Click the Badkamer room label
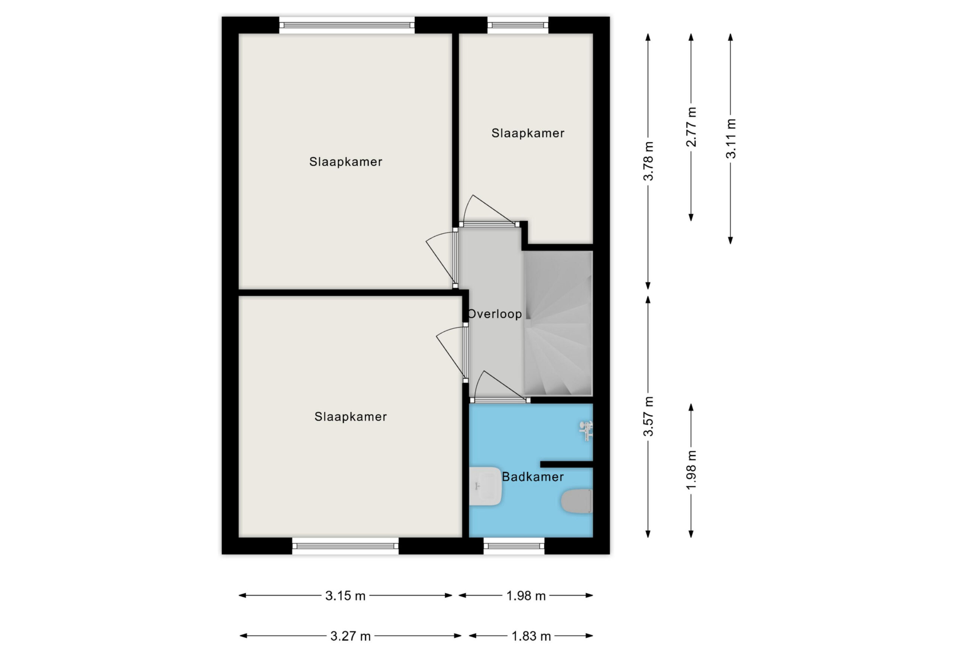[533, 477]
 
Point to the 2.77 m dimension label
[691, 127]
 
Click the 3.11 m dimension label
[731, 138]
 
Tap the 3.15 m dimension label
[345, 596]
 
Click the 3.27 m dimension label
[351, 636]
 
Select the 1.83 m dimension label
[531, 636]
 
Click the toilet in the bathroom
[577, 501]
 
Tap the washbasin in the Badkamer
[485, 486]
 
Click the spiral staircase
[558, 323]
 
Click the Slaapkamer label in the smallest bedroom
[528, 133]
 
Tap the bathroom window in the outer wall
[514, 545]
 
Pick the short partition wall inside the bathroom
[566, 464]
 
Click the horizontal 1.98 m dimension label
[526, 596]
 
